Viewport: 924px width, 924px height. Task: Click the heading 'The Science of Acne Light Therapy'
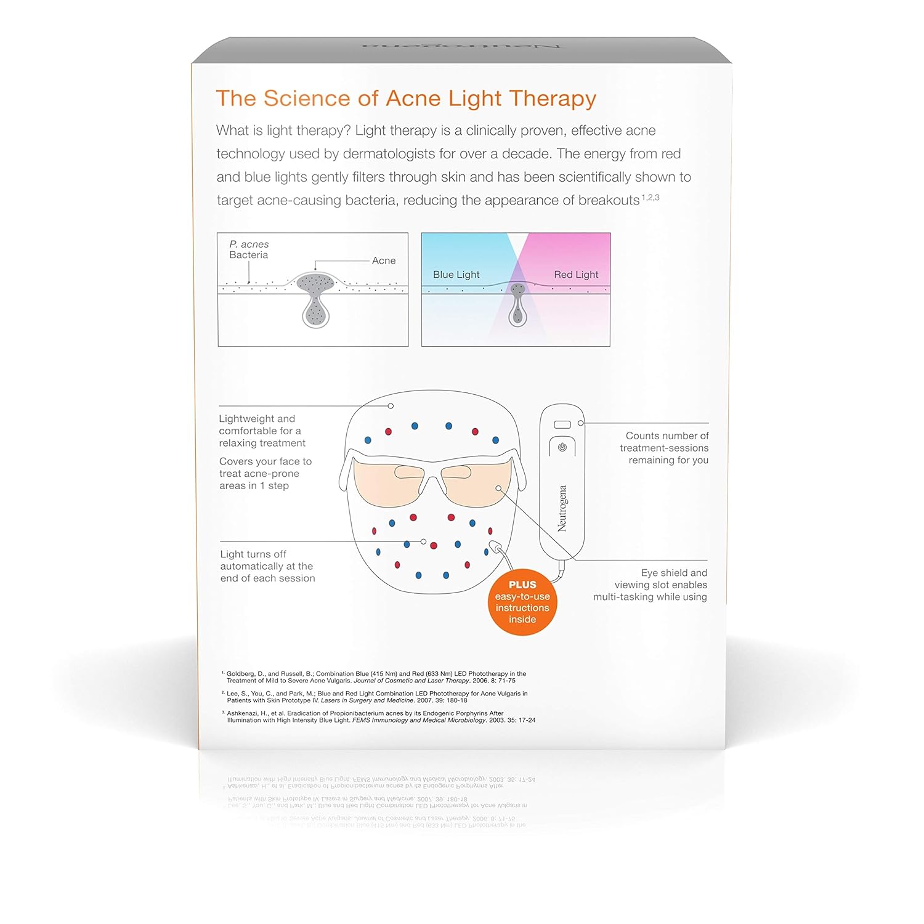[406, 99]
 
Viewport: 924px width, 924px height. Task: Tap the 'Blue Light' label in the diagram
[456, 275]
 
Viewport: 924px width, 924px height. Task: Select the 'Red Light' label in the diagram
[576, 275]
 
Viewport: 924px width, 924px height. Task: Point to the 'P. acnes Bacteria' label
[249, 249]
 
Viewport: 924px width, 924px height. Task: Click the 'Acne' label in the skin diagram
[384, 261]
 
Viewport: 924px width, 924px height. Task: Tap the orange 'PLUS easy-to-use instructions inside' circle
[522, 602]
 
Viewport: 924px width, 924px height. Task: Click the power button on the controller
[562, 447]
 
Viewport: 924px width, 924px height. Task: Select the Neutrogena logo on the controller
[562, 508]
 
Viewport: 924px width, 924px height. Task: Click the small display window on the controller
[562, 425]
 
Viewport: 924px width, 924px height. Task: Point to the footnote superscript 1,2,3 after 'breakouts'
[650, 198]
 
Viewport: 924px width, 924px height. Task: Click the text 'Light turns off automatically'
[267, 566]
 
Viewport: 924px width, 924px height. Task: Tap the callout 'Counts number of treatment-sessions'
[664, 448]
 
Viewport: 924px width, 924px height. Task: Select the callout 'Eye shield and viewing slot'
[650, 585]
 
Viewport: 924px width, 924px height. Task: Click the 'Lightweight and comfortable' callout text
[262, 431]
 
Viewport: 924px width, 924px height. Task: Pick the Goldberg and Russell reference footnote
[376, 677]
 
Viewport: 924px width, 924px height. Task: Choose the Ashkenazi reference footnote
[380, 716]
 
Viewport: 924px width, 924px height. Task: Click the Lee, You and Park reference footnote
[376, 697]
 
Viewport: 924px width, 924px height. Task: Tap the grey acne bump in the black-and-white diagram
[315, 283]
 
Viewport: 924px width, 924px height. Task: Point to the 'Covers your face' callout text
[265, 473]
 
